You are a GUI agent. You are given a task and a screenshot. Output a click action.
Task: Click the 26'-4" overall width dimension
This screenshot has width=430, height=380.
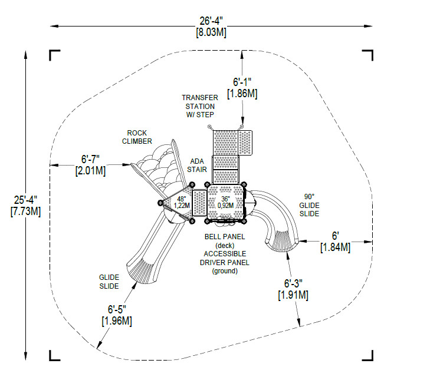click(211, 21)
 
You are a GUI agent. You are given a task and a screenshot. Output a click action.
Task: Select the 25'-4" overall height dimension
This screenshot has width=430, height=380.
click(25, 200)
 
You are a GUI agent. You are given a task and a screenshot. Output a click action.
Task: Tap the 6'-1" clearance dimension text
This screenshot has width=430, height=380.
click(242, 82)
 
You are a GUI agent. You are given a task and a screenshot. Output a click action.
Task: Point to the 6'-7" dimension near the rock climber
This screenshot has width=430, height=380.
click(90, 159)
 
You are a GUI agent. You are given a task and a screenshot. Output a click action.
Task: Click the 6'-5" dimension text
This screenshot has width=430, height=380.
click(117, 309)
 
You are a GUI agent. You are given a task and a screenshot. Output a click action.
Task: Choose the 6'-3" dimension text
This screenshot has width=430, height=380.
click(293, 283)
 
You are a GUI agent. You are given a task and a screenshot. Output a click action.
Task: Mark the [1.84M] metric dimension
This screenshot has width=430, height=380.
click(336, 247)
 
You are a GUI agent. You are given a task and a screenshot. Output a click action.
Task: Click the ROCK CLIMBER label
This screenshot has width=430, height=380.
click(137, 137)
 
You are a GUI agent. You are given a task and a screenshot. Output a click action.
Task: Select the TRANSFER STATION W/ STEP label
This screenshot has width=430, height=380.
click(200, 106)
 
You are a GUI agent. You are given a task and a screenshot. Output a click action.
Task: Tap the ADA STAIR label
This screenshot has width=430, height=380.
click(197, 166)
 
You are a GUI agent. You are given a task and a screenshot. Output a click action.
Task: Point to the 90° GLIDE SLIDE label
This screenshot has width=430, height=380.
click(309, 205)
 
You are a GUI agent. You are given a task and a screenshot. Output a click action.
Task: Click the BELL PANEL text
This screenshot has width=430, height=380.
click(225, 236)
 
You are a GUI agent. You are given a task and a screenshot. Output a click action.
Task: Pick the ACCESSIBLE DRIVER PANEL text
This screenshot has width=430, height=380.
click(225, 258)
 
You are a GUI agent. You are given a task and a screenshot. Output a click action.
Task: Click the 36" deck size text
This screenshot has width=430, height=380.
click(225, 199)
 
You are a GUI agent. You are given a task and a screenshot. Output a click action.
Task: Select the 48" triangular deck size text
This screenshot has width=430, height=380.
click(182, 199)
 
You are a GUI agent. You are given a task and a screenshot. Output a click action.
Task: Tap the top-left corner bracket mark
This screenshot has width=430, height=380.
click(54, 55)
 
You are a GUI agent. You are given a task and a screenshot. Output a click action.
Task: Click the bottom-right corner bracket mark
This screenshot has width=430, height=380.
click(367, 355)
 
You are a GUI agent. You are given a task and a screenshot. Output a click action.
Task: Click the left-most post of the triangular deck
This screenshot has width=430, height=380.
click(160, 203)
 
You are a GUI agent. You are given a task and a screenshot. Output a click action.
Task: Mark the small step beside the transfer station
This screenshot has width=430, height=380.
click(245, 143)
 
